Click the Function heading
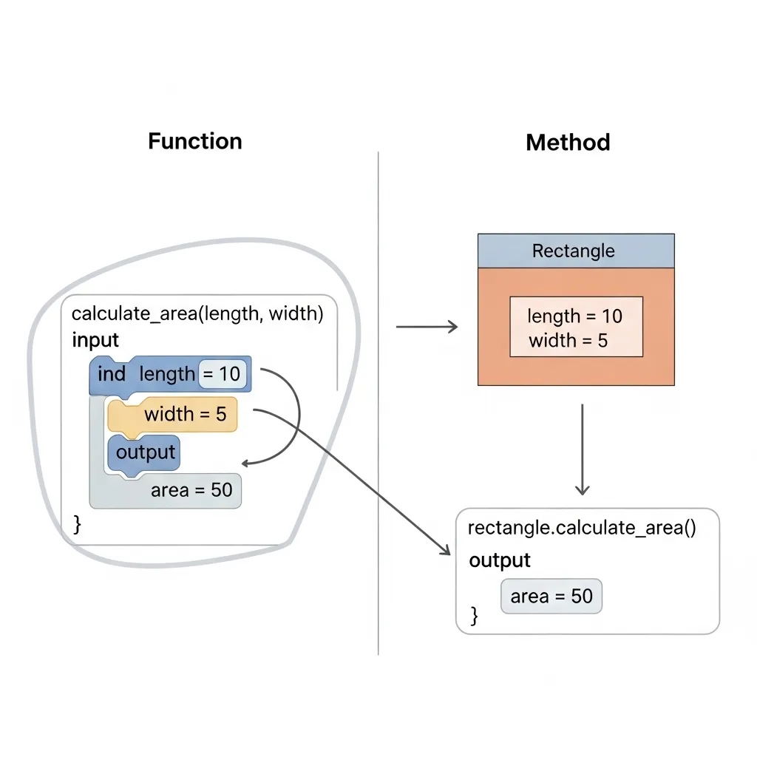(194, 141)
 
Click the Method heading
(568, 142)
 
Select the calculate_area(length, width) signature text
(197, 313)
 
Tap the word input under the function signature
(95, 340)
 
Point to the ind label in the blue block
(112, 374)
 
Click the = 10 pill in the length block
(222, 374)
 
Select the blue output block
(145, 452)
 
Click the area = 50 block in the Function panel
(191, 490)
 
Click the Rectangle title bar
(575, 251)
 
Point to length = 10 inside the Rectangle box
(574, 316)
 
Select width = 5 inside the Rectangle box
(568, 341)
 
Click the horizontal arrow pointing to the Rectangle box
(427, 327)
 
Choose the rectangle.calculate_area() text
(582, 528)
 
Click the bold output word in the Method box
(500, 560)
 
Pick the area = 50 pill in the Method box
(551, 596)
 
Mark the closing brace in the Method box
(474, 615)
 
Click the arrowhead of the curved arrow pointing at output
(247, 464)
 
